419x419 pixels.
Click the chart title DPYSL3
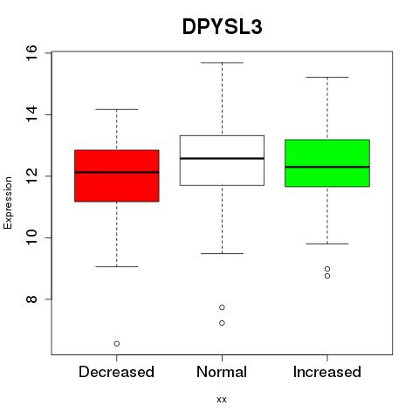point(223,27)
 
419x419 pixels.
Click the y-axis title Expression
point(8,203)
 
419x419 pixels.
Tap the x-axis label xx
point(222,400)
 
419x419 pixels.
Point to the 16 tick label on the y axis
point(31,52)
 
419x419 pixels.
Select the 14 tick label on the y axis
point(31,114)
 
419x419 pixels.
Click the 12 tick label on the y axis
point(31,176)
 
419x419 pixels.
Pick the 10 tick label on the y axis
point(31,237)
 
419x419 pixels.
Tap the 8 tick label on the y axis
point(31,299)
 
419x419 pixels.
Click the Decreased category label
point(116,372)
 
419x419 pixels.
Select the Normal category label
point(222,372)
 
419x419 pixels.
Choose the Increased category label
point(327,372)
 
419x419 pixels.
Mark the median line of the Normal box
point(222,158)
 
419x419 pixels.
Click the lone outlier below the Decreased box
point(117,344)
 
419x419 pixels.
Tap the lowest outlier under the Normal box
point(222,323)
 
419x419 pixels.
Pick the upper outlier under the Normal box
point(222,307)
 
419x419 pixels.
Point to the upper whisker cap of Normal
point(222,63)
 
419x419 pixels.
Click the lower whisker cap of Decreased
point(117,266)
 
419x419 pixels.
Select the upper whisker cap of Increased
point(327,77)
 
